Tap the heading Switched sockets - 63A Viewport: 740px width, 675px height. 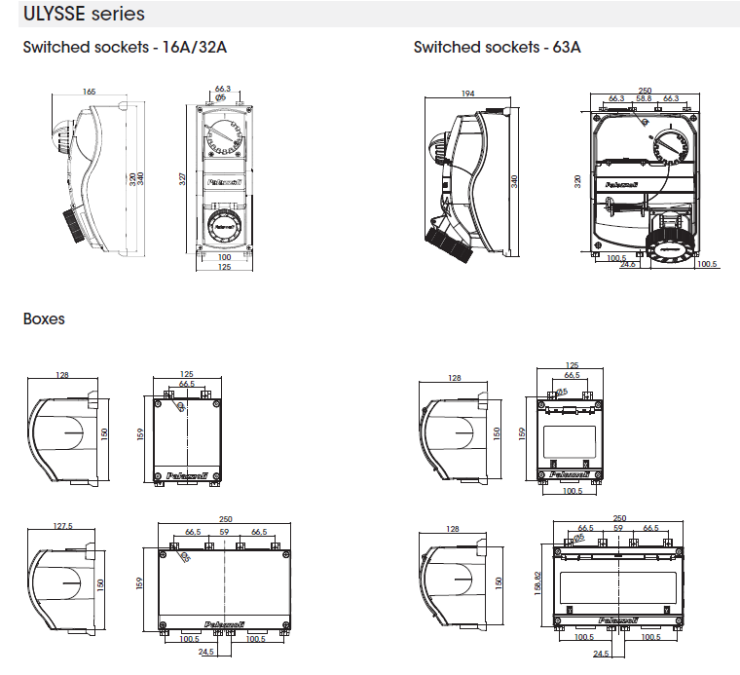coord(497,47)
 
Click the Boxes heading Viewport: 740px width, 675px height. coord(44,319)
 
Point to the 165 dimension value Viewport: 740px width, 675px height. coord(89,92)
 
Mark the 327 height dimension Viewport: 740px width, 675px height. coord(183,179)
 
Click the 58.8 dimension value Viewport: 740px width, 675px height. coord(644,98)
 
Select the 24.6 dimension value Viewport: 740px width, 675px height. coord(628,263)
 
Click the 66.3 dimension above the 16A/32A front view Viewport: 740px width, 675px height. coord(222,89)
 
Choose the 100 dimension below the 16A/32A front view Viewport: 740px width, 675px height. coord(224,257)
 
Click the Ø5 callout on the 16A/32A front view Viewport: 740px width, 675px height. coord(221,97)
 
